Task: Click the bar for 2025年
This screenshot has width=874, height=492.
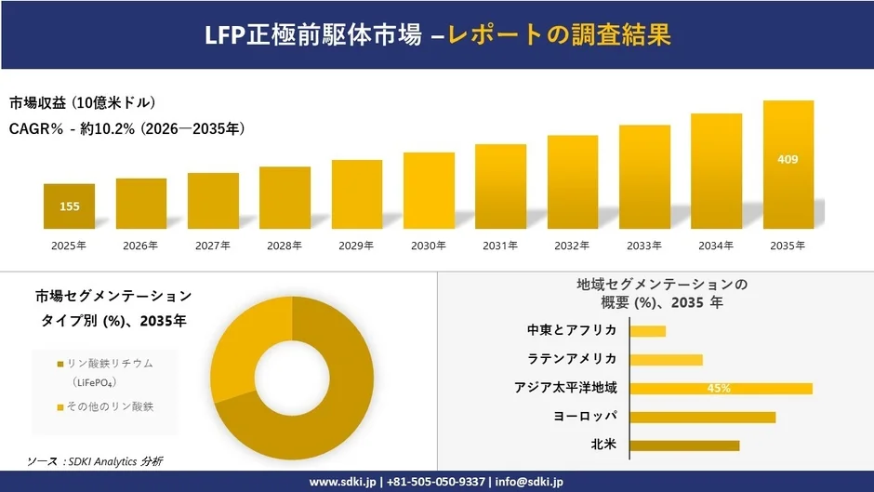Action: pyautogui.click(x=69, y=206)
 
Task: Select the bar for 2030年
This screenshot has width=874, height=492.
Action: pyautogui.click(x=429, y=191)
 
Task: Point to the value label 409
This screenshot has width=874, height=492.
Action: pyautogui.click(x=788, y=159)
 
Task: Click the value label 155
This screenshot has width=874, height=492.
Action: pyautogui.click(x=70, y=206)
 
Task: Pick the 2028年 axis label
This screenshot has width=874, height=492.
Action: pyautogui.click(x=285, y=246)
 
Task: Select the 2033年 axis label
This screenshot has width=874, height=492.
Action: pyautogui.click(x=644, y=246)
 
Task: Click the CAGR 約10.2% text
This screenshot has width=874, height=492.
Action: pyautogui.click(x=127, y=128)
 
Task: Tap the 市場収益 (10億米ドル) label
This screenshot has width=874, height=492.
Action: pyautogui.click(x=82, y=102)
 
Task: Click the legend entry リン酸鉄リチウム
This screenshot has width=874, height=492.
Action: pyautogui.click(x=110, y=363)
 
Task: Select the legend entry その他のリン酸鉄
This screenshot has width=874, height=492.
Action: pyautogui.click(x=110, y=406)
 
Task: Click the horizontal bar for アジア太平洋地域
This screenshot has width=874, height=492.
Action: pyautogui.click(x=721, y=389)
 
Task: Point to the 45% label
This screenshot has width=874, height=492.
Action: pyautogui.click(x=719, y=389)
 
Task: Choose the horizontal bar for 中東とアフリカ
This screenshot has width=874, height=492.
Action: pyautogui.click(x=647, y=331)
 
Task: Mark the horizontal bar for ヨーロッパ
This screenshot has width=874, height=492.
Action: pyautogui.click(x=702, y=418)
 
